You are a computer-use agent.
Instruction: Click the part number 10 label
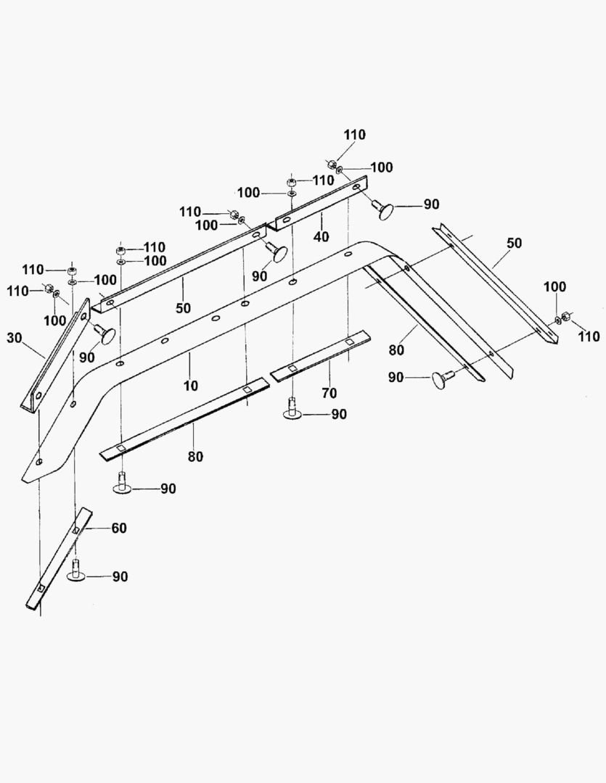pyautogui.click(x=190, y=386)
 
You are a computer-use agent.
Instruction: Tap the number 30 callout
pyautogui.click(x=15, y=338)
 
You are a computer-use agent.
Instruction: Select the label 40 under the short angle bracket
pyautogui.click(x=321, y=236)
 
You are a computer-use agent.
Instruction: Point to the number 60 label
pyautogui.click(x=118, y=528)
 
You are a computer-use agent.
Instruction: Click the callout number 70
pyautogui.click(x=329, y=394)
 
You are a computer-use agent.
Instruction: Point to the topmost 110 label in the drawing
pyautogui.click(x=354, y=135)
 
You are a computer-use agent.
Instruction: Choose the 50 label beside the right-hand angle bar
pyautogui.click(x=514, y=243)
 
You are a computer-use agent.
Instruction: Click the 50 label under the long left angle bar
pyautogui.click(x=183, y=308)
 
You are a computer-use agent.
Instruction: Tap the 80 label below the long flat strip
pyautogui.click(x=195, y=457)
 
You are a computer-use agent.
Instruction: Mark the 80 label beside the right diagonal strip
pyautogui.click(x=396, y=351)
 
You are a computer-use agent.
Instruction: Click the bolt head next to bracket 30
pyautogui.click(x=105, y=333)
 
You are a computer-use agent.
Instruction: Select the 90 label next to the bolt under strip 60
pyautogui.click(x=120, y=577)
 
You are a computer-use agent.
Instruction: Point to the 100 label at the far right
pyautogui.click(x=555, y=286)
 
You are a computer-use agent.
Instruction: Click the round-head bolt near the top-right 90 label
pyautogui.click(x=384, y=209)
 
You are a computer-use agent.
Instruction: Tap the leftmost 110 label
pyautogui.click(x=17, y=291)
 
